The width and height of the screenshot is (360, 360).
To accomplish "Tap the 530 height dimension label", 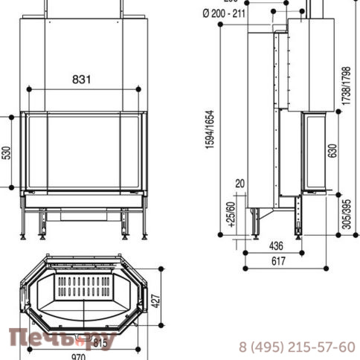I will [x=7, y=152].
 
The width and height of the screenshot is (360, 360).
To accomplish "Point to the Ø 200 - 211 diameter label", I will [x=223, y=12].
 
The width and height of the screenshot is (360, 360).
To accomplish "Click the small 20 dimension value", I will [x=240, y=183].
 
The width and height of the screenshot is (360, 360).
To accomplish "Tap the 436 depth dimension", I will [x=274, y=245].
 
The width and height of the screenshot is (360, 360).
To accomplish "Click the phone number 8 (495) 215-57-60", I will [x=296, y=347].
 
